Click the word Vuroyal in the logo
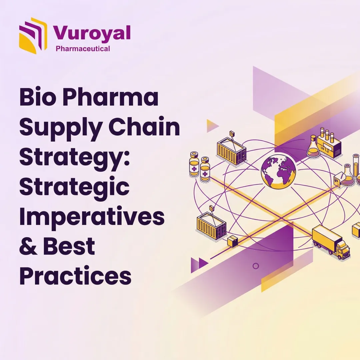pos(92,33)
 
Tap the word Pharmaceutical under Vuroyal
pos(83,49)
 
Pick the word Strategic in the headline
pos(74,186)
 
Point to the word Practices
pos(75,276)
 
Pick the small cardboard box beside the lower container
pos(232,241)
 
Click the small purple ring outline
pos(256,266)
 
